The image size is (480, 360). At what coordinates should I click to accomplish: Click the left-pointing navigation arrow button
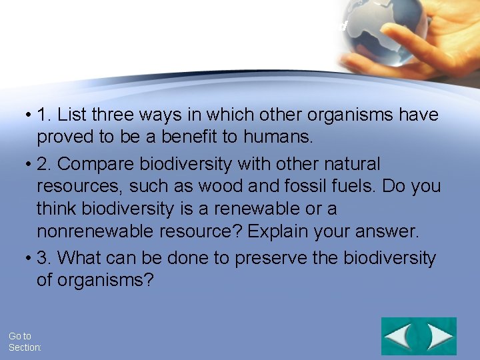click(399, 337)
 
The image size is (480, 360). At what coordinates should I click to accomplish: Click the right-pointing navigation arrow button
click(439, 337)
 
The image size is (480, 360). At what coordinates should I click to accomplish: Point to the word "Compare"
click(98, 163)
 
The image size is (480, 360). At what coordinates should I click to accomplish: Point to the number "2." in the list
click(45, 163)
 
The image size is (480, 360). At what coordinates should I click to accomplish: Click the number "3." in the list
click(45, 257)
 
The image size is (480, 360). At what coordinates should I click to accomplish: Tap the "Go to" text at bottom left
click(19, 337)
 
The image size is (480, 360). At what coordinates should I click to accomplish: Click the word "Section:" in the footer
click(25, 348)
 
